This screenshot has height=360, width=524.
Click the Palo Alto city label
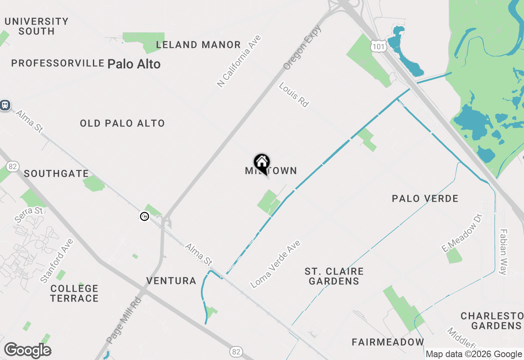coord(134,64)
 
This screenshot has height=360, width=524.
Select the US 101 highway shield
coord(379,46)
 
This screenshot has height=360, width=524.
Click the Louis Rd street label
coord(294,94)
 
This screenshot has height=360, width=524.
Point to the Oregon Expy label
coord(302,47)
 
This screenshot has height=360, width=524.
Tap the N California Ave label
coord(239,61)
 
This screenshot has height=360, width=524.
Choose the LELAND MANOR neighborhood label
coord(198,45)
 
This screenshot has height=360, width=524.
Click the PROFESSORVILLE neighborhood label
coord(58,63)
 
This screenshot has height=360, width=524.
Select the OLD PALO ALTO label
coord(122,123)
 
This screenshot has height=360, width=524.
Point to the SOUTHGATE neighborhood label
coord(56,173)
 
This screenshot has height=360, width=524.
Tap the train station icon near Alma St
coord(5,105)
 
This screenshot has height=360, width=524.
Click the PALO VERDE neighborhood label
coord(425,198)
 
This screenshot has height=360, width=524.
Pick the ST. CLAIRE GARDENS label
coord(334,276)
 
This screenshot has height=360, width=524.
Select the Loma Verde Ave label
coord(276,264)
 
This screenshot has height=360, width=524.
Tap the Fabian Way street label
coord(503,252)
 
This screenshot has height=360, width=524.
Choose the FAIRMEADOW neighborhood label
coord(388,342)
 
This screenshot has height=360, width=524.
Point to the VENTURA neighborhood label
coord(171,281)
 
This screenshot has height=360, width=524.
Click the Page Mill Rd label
coord(124,320)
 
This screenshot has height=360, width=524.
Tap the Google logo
coord(27,350)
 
